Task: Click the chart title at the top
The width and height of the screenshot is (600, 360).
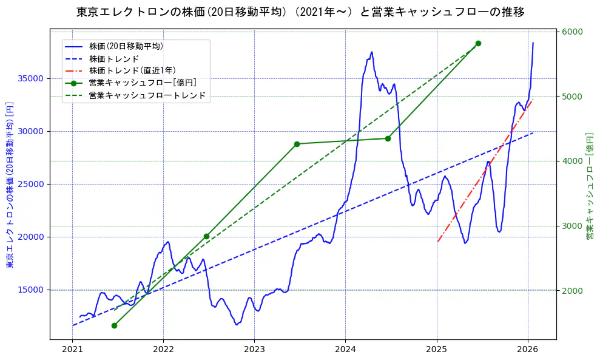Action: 300,12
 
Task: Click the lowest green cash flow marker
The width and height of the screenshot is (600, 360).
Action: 114,325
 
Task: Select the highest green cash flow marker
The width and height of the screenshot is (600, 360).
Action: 478,43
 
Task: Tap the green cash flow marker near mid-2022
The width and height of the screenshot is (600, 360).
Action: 206,236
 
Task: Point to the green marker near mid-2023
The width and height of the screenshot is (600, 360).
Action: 297,144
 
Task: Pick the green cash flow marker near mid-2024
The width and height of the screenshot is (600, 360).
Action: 388,138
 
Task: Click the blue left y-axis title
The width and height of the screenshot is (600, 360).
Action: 9,185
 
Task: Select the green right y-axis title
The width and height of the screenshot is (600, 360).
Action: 589,185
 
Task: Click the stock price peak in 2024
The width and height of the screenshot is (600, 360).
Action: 371,52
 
